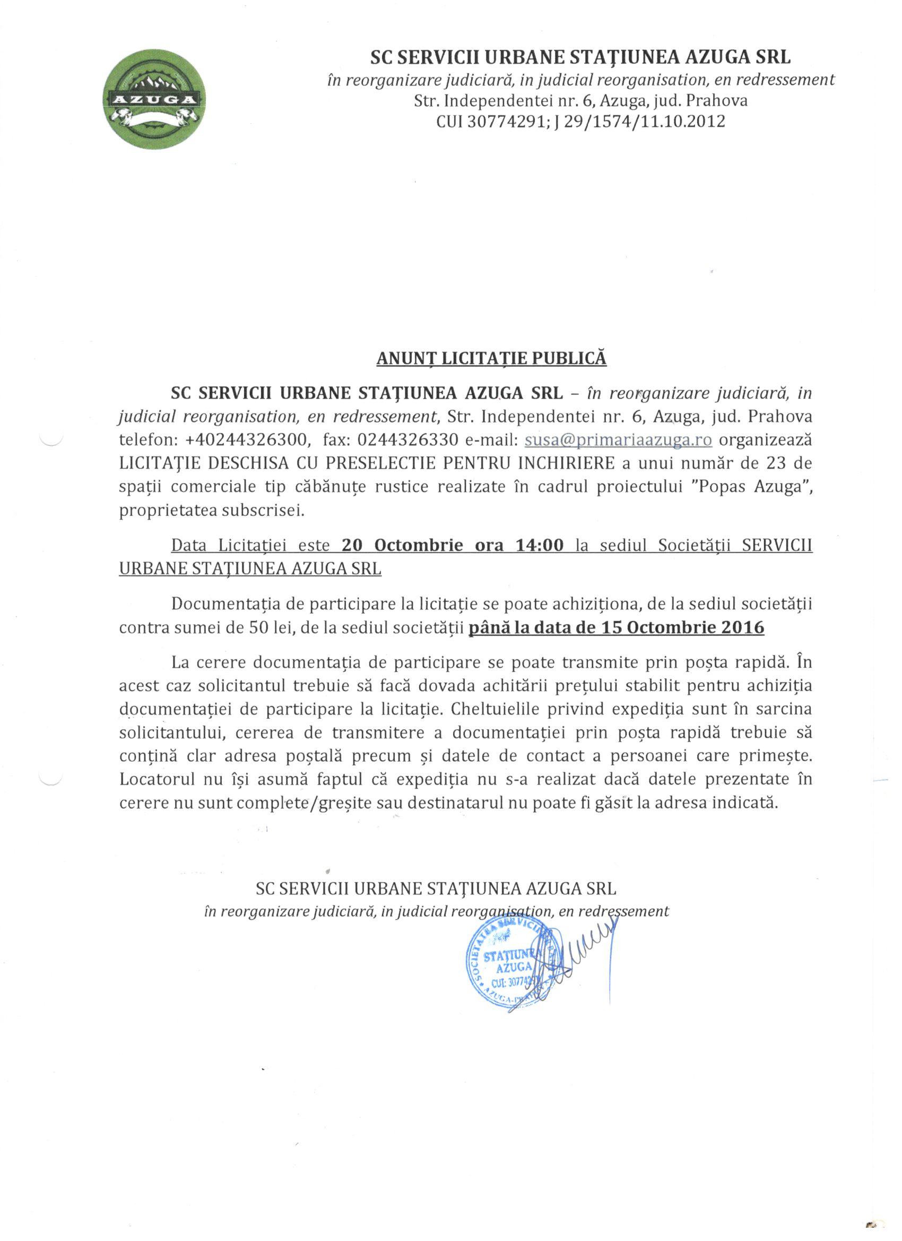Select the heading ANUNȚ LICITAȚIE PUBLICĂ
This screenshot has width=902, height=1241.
coord(491,358)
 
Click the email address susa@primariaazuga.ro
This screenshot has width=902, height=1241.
coord(618,440)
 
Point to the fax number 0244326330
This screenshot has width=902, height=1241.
coord(407,440)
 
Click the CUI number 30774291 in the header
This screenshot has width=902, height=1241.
coord(502,122)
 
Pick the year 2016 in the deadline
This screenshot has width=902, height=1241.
coord(742,627)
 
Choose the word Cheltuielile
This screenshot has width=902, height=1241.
coord(506,709)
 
